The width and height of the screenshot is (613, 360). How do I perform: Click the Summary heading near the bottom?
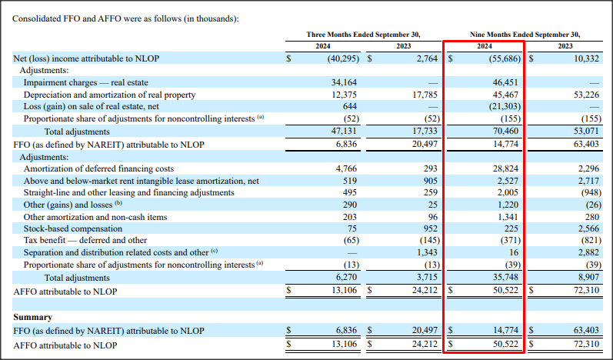point(33,317)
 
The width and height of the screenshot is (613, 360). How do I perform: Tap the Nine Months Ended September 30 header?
point(525,35)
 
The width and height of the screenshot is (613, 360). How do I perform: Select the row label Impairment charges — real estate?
point(85,82)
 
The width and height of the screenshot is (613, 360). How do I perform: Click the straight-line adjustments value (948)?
point(587,192)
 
